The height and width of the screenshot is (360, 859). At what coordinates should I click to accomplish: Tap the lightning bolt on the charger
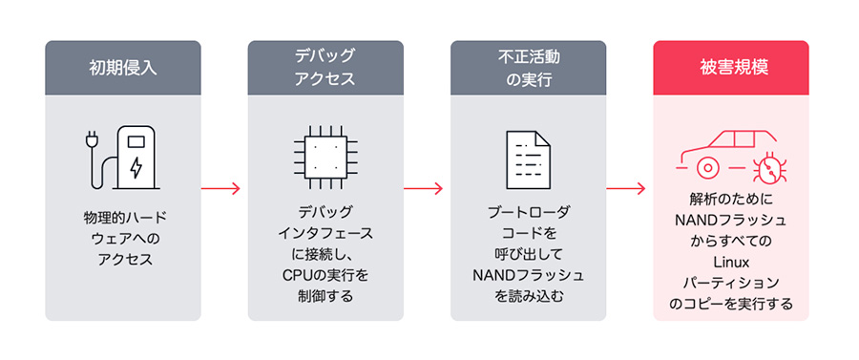point(136,168)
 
